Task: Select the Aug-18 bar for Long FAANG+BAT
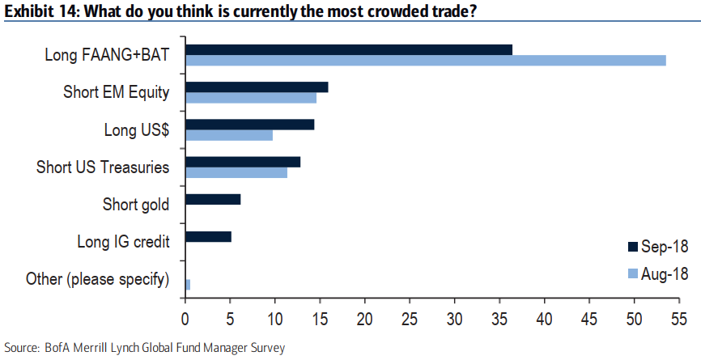tap(425, 61)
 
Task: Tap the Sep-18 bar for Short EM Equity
tap(257, 87)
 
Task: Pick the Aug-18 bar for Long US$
tap(229, 135)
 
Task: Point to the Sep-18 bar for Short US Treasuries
tap(243, 162)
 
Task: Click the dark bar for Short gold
tap(213, 199)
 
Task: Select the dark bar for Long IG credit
tap(208, 236)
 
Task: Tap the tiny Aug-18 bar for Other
tap(188, 284)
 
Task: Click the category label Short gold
tap(136, 204)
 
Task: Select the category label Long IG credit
tap(123, 241)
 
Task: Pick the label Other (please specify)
tap(97, 279)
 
